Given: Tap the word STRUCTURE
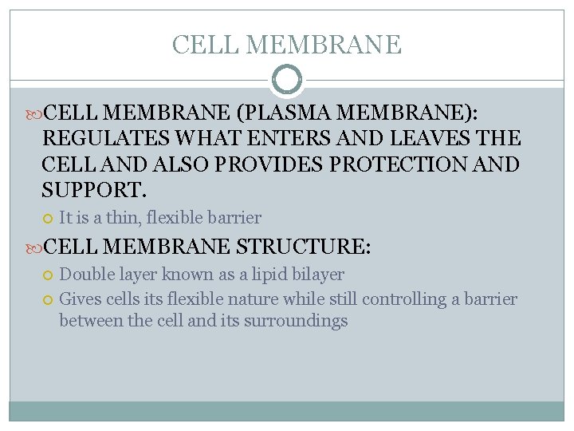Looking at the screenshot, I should pyautogui.click(x=303, y=246).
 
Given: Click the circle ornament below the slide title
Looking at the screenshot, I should pyautogui.click(x=287, y=80).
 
